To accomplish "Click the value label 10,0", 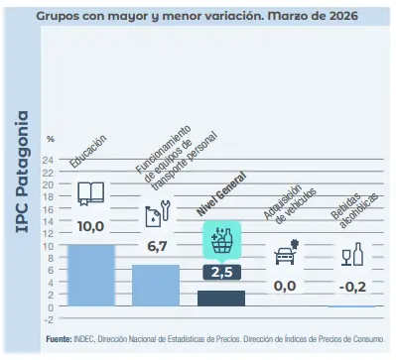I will (x=90, y=227).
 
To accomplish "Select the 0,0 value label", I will (x=286, y=286).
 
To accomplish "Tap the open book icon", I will (x=90, y=193).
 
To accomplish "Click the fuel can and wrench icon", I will (x=156, y=216).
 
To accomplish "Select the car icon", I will (x=286, y=253).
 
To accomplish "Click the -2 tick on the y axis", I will (x=50, y=318).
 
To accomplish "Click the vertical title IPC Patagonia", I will (x=23, y=179).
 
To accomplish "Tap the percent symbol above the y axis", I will (x=51, y=139).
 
